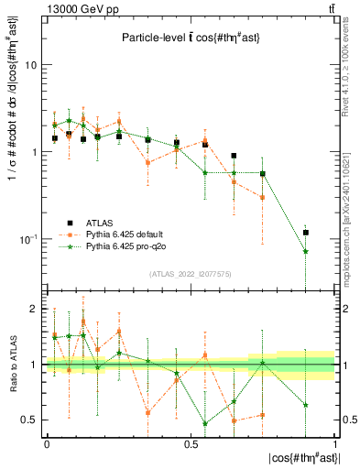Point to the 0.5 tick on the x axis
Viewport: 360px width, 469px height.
(191, 442)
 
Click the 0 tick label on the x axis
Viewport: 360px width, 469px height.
(47, 442)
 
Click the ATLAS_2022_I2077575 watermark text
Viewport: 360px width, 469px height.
(191, 273)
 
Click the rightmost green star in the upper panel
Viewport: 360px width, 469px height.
(306, 251)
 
